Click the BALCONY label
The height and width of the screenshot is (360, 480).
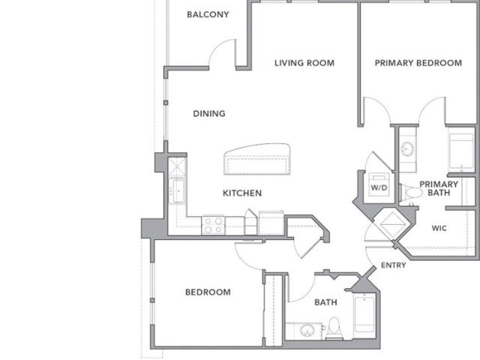[x=208, y=14]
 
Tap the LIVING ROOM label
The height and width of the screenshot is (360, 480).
[x=304, y=63]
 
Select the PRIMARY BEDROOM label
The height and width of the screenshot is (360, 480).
[x=418, y=63]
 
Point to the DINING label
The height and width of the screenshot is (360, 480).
[x=209, y=113]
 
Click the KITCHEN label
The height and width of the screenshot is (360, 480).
[x=242, y=193]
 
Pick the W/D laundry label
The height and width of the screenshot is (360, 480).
[x=379, y=187]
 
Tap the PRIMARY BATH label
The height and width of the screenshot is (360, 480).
[x=439, y=188]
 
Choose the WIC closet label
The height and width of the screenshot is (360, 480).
[x=439, y=228]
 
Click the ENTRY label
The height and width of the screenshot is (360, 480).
[x=393, y=265]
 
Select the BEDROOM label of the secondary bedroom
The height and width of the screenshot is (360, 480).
[x=208, y=292]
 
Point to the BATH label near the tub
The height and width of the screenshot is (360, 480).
[x=325, y=302]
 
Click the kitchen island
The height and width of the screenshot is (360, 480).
[x=257, y=159]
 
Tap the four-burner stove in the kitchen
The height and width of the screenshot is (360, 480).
[x=213, y=225]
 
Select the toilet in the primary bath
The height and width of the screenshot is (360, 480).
[x=410, y=193]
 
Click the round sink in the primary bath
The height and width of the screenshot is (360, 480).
[x=407, y=149]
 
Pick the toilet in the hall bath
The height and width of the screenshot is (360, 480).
[x=334, y=328]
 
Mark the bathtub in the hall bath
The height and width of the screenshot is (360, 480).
[x=364, y=313]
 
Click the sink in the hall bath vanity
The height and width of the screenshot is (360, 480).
[x=307, y=331]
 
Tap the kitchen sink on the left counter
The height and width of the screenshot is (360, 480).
[x=178, y=190]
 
